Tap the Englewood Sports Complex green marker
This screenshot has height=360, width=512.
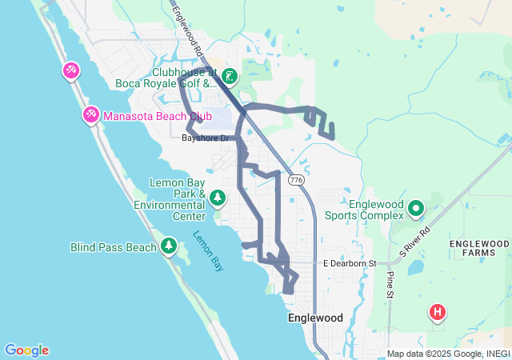[x=416, y=209]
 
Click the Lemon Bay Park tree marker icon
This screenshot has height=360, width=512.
[x=218, y=197]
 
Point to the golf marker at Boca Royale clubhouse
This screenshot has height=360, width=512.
[x=230, y=77]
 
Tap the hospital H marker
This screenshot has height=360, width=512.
[x=438, y=312]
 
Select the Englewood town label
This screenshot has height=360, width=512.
[x=315, y=318]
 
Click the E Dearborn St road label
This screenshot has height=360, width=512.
[x=350, y=263]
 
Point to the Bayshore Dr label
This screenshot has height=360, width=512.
[x=206, y=138]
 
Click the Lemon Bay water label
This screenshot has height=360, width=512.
[x=206, y=250]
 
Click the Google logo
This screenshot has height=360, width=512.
[x=26, y=350]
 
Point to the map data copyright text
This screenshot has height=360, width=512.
[x=448, y=354]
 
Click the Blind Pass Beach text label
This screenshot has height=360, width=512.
[x=114, y=247]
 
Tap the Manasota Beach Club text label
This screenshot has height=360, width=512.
[x=151, y=116]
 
